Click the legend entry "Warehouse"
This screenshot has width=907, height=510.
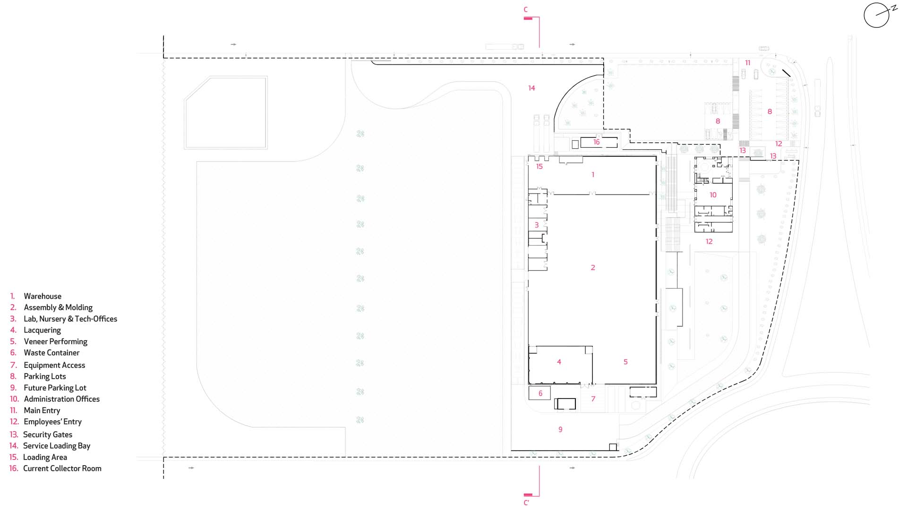43,296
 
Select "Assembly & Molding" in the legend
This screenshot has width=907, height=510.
58,307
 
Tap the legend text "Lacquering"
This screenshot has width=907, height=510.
42,330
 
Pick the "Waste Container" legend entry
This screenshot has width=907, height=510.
51,353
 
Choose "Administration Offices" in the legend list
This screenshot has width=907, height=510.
61,399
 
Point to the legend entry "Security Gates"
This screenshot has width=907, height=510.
48,434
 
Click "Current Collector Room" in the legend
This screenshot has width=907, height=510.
62,468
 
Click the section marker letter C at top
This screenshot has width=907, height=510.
526,9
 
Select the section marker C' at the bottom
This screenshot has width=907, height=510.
527,502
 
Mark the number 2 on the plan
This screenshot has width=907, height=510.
593,268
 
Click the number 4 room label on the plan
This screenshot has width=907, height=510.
559,362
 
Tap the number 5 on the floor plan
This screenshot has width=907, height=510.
625,362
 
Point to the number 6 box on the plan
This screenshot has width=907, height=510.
540,393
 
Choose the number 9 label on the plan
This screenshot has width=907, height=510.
560,429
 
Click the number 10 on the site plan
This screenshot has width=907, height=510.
713,195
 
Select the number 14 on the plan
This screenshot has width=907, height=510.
531,88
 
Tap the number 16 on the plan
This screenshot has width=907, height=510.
596,142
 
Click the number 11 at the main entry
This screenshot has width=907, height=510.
747,63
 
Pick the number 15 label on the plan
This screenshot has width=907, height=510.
539,166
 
